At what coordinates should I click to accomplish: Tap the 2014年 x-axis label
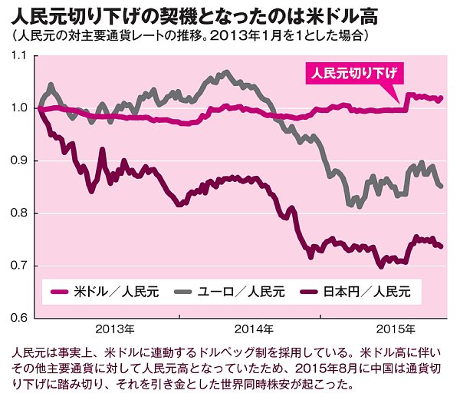tap(255, 329)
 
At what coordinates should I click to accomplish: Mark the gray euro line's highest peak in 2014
tap(227, 73)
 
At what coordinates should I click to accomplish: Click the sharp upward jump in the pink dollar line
tap(406, 102)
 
